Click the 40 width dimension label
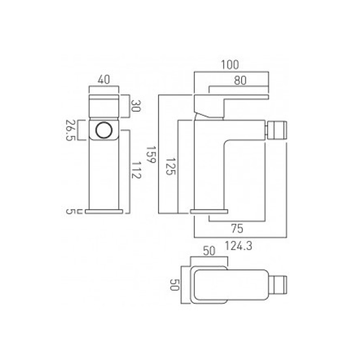[x=104, y=80]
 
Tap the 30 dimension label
[x=135, y=106]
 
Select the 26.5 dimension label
[x=70, y=130]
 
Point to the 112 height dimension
[x=136, y=170]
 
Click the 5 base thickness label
[x=70, y=211]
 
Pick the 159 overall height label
[x=151, y=154]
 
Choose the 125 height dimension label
[x=171, y=166]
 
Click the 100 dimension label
[x=230, y=65]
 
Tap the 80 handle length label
[x=240, y=81]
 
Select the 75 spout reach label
[x=237, y=229]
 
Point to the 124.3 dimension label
[x=238, y=246]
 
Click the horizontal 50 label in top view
[x=209, y=251]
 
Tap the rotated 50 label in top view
[x=175, y=285]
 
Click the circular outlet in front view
[x=104, y=130]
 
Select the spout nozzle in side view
[x=276, y=130]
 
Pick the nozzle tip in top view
[x=278, y=285]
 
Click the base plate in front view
[x=104, y=211]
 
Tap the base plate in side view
[x=209, y=211]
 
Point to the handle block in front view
[x=104, y=106]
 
